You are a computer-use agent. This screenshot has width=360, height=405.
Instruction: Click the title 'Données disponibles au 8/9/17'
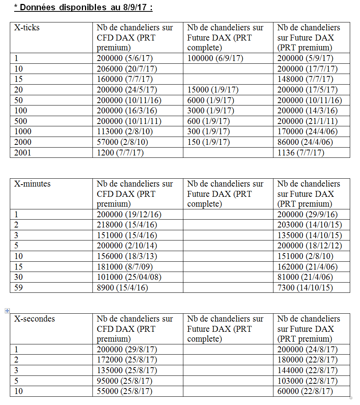coord(83,7)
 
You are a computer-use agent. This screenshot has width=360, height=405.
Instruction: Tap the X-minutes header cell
coord(32,184)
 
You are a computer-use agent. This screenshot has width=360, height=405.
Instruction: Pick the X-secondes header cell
coord(35,319)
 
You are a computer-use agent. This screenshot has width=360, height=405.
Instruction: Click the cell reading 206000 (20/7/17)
coord(127,69)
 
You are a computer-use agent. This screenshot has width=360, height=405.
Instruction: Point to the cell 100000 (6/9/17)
coord(215,58)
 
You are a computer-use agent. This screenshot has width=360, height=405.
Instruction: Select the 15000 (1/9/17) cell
coord(213,90)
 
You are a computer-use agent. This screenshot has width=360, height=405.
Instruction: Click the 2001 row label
coord(23,153)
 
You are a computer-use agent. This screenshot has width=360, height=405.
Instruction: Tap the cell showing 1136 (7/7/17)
coord(301,153)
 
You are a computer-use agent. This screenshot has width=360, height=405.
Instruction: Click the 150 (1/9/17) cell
coord(209,142)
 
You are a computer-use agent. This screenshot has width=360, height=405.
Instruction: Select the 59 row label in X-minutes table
coord(18,288)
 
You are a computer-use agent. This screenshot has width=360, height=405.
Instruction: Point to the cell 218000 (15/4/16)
coord(127,225)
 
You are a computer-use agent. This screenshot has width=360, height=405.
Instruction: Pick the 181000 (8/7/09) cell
coord(125,267)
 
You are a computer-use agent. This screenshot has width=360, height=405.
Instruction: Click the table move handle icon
coord(7,311)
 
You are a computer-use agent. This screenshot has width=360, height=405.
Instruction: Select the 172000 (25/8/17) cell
coord(127,360)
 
